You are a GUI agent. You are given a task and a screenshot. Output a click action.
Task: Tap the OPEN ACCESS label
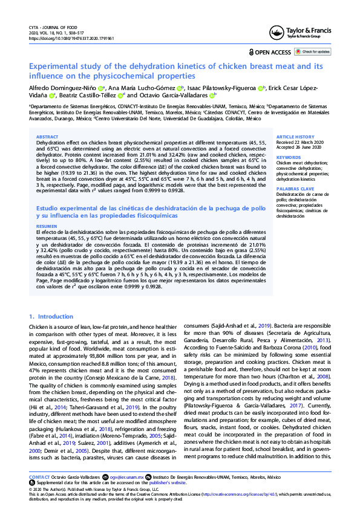(272, 53)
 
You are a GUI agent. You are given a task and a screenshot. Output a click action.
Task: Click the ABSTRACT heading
(48, 137)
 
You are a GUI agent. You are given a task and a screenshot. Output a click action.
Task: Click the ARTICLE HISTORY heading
(295, 137)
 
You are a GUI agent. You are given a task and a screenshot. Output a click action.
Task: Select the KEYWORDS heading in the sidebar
(289, 157)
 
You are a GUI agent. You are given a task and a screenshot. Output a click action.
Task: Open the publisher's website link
(169, 483)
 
